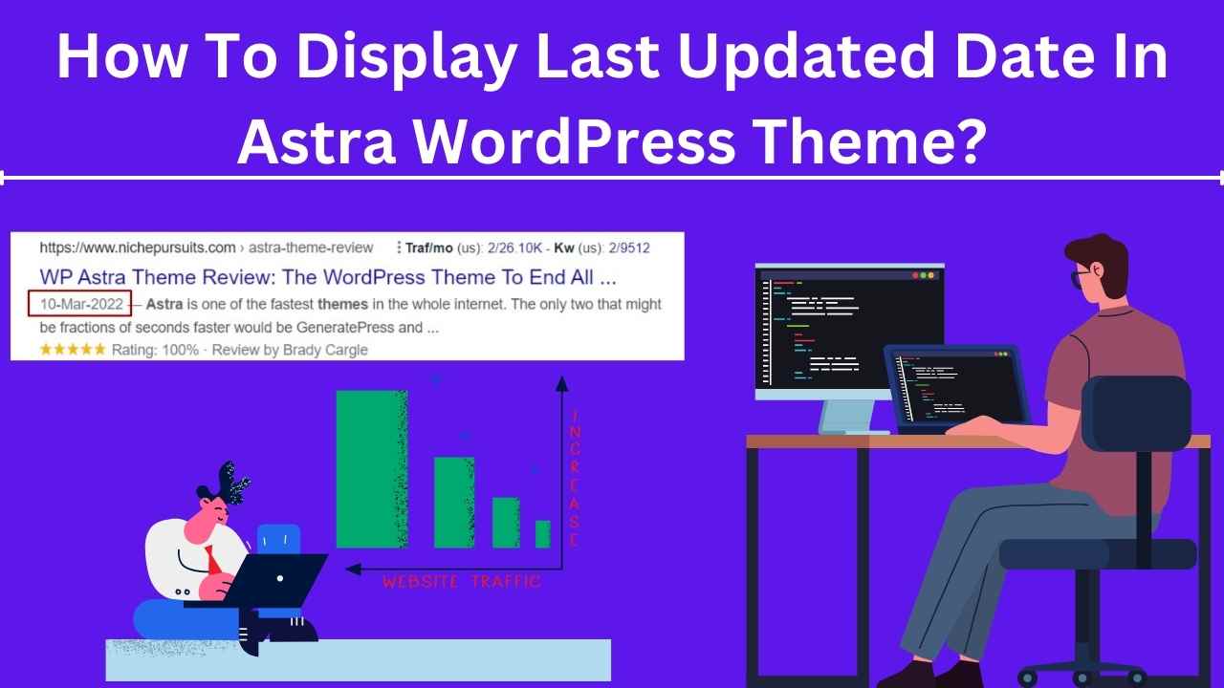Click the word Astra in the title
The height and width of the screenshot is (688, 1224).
coord(317,140)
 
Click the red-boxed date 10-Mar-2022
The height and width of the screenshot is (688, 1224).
coord(80,304)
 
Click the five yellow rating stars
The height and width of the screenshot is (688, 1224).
coord(73,350)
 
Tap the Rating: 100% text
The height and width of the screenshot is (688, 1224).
coord(155,350)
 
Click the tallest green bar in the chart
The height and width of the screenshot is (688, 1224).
coord(372,469)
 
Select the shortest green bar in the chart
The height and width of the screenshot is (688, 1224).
coord(542,534)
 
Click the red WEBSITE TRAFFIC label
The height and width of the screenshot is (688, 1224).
coord(462,582)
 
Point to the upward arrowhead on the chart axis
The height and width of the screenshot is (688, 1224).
coord(561,384)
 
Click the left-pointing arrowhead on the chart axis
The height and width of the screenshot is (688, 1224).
coord(354,569)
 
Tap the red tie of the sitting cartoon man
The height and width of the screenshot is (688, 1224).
coord(212,560)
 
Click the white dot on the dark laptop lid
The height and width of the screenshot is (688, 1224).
coord(280,578)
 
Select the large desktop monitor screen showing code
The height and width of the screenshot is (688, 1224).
coord(850,330)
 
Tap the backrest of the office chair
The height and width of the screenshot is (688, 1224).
coord(1137,413)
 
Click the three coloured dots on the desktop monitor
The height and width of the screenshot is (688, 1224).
coord(924,276)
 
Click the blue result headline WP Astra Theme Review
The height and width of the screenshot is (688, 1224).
coord(328,277)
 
